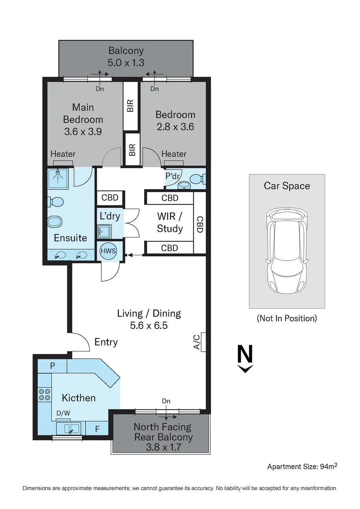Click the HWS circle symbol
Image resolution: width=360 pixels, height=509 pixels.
(108, 251)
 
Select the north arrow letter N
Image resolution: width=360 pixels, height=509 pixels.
(245, 354)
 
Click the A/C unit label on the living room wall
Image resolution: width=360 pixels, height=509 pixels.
(197, 343)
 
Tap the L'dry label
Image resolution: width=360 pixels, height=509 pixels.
(110, 217)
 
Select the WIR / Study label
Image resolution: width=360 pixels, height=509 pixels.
(170, 222)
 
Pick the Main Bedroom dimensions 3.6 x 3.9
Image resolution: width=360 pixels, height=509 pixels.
(83, 132)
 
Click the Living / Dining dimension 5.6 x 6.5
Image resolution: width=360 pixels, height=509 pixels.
(148, 325)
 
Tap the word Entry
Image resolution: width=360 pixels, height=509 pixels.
(106, 342)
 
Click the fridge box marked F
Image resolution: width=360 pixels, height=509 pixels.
(98, 428)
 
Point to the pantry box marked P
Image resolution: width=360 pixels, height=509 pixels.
(52, 366)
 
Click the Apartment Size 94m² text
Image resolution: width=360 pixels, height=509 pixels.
(302, 467)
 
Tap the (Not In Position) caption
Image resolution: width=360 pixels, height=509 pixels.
(286, 318)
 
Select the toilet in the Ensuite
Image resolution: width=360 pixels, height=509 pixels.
(55, 202)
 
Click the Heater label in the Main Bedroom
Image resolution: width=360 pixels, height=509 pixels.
(63, 154)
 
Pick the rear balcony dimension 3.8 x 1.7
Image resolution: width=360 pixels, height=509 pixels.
(163, 448)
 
